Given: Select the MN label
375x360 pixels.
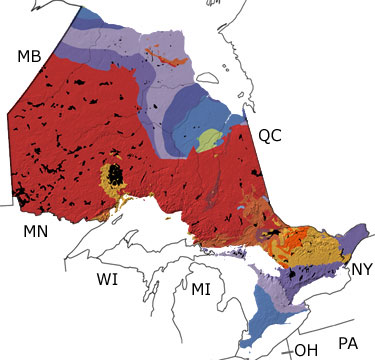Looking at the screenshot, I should point(37,232).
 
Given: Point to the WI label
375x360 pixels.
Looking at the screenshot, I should point(107,279).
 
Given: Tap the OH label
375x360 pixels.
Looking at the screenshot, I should point(305,349).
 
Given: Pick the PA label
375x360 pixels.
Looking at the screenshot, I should point(348,343).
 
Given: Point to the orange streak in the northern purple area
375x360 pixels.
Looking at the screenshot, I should point(160,52).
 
